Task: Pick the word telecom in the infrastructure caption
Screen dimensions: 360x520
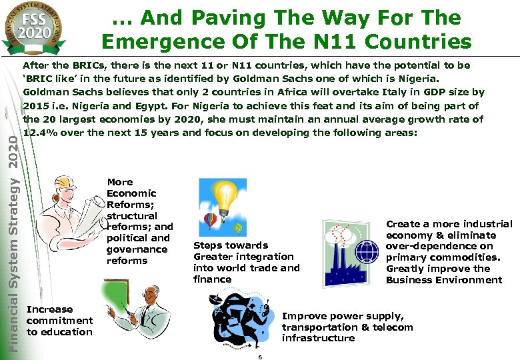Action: (393, 327)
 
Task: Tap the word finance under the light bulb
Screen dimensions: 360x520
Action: (212, 279)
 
